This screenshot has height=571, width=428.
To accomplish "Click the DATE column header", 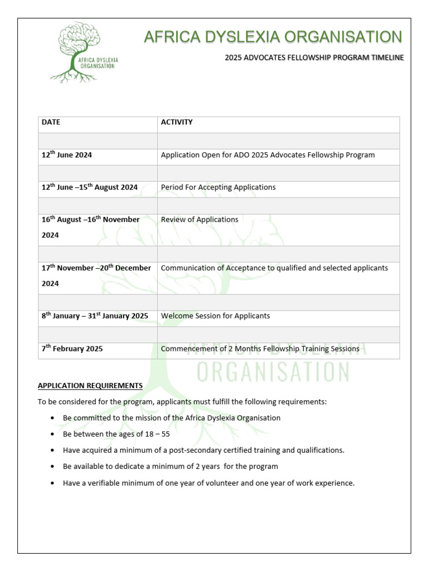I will tap(51, 122).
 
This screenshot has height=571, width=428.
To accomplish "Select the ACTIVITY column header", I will tap(177, 122).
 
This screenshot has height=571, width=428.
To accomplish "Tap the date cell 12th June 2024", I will tap(67, 155).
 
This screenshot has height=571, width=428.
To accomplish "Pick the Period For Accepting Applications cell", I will tap(218, 187).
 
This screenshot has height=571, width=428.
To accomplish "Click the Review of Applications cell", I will tap(200, 220).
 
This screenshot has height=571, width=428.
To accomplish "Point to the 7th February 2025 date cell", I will tap(72, 349).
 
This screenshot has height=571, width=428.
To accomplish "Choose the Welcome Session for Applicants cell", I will tap(215, 316).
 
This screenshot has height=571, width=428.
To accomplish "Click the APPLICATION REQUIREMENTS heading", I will tap(90, 385).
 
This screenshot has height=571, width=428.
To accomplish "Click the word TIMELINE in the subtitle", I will tap(384, 57).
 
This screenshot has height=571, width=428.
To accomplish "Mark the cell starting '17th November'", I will tap(96, 275).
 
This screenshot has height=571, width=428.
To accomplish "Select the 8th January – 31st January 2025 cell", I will tap(95, 316).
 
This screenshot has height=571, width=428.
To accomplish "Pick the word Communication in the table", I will tap(186, 268).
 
